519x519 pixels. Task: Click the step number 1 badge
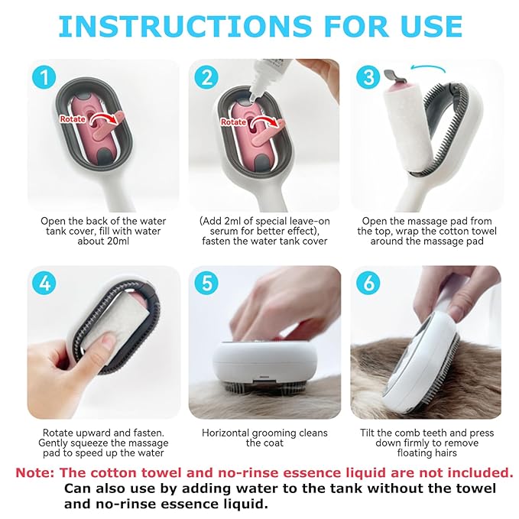(45, 78)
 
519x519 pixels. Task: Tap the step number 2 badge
(206, 78)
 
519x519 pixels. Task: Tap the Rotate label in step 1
(73, 118)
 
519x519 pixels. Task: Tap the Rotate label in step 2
(233, 122)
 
